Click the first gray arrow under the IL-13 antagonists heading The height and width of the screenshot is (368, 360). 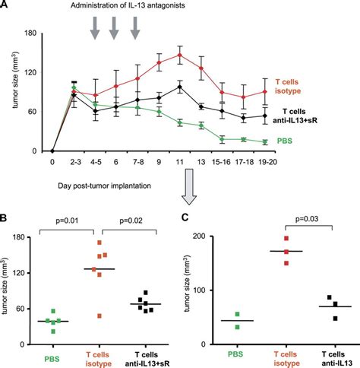tap(94, 27)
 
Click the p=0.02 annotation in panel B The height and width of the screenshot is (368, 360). tap(126, 222)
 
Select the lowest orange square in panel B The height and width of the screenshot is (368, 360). tap(97, 316)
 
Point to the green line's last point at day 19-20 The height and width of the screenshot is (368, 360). tap(264, 141)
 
